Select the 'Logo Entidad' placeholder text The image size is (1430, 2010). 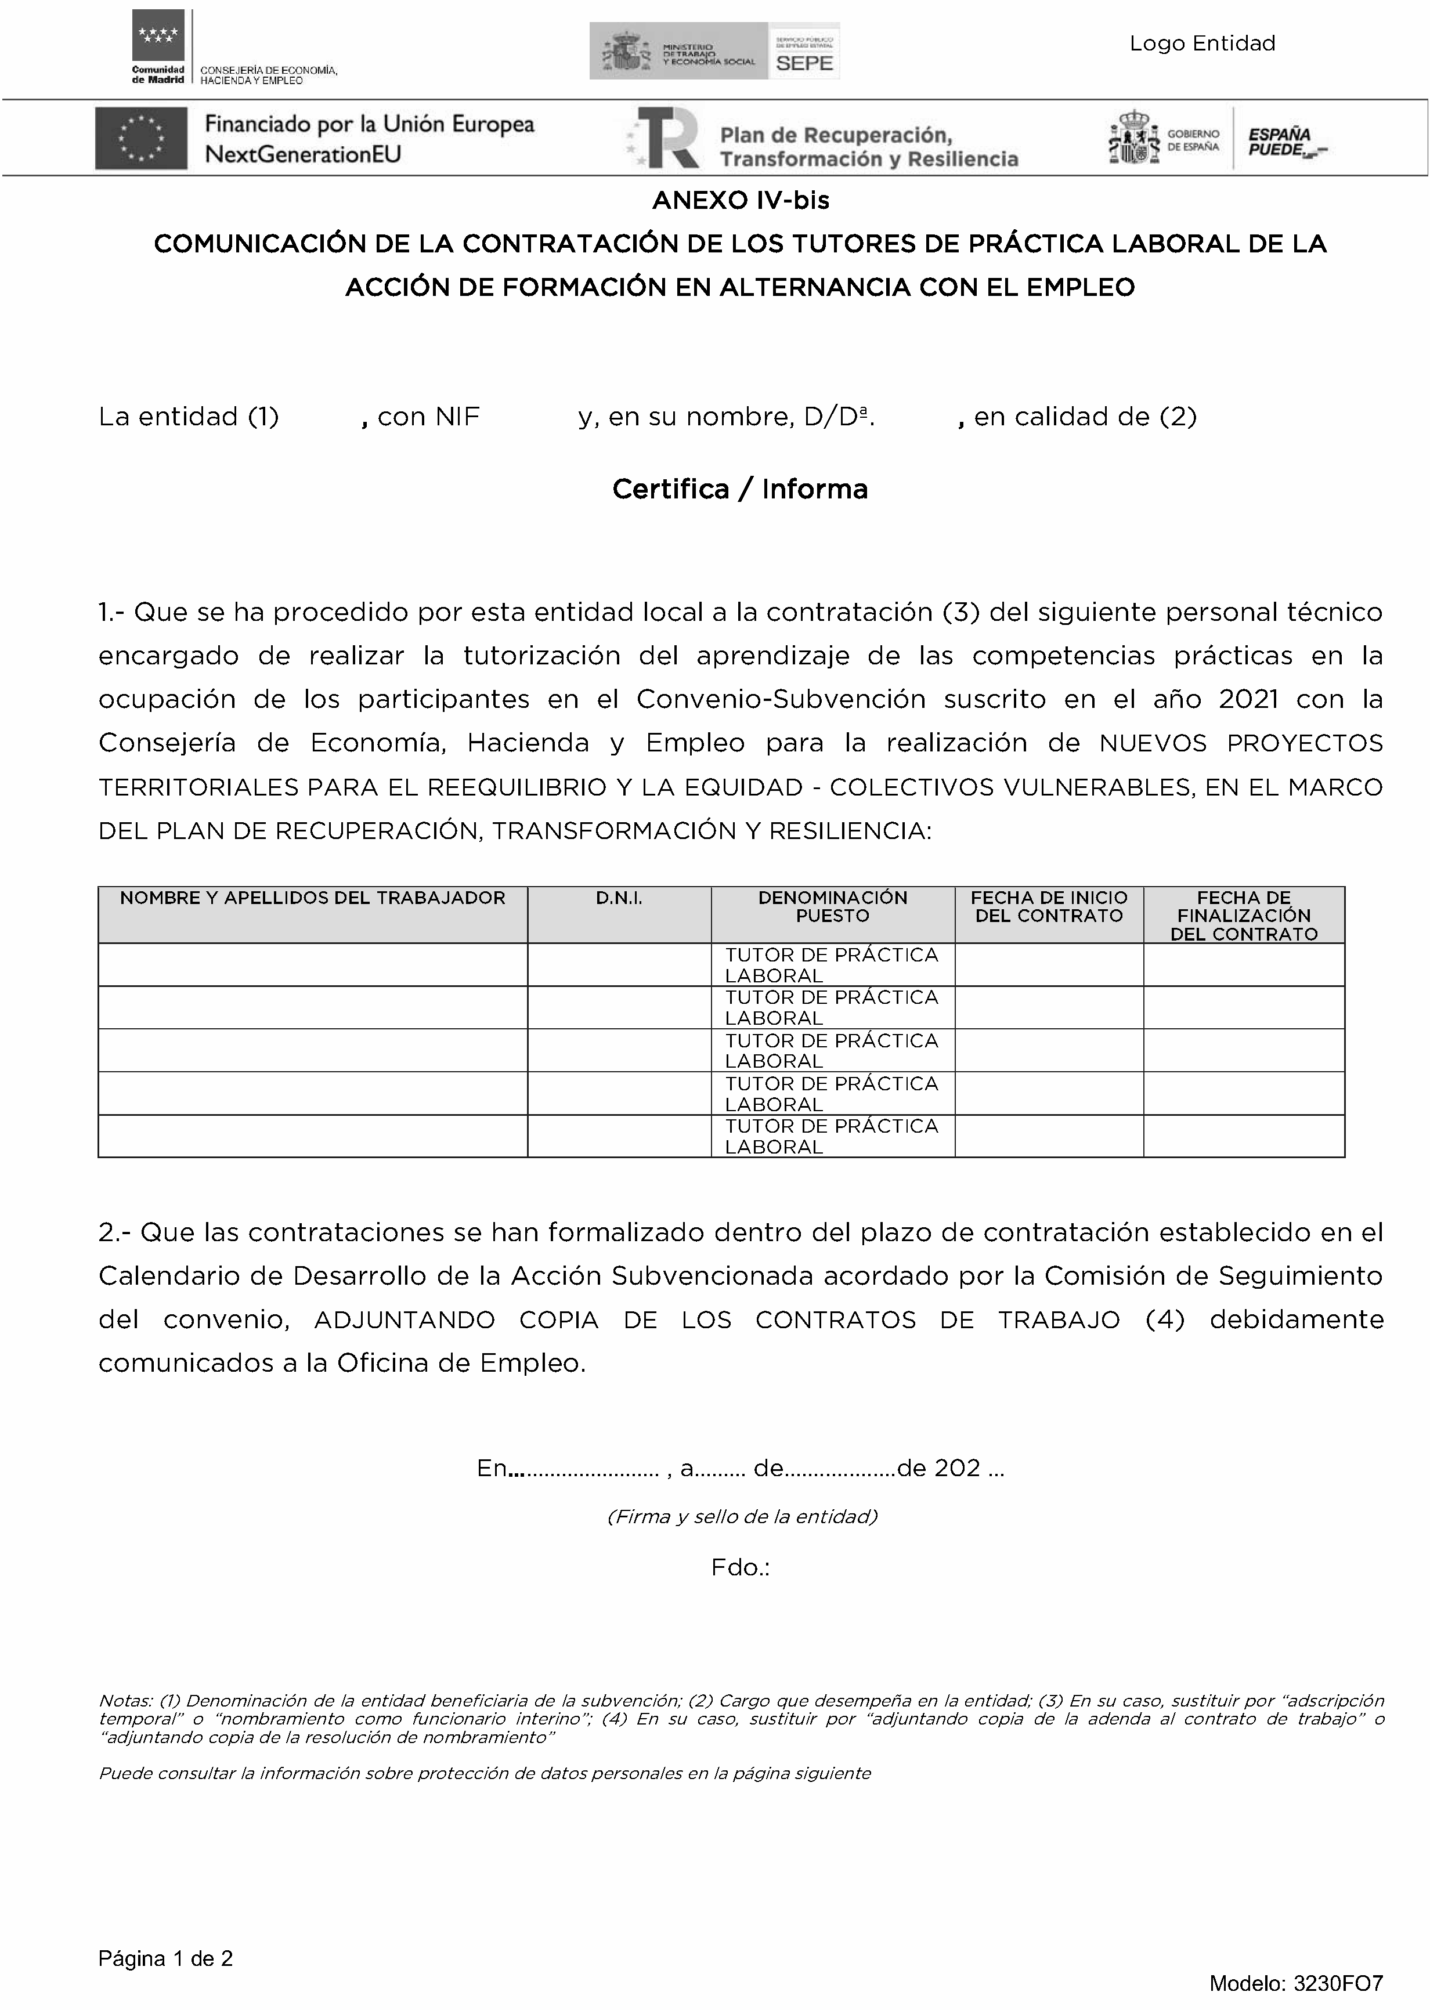[x=1202, y=43]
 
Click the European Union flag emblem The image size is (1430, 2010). [x=141, y=138]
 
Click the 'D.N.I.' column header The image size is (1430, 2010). [x=619, y=898]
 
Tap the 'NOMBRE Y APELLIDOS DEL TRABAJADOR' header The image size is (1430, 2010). [x=313, y=898]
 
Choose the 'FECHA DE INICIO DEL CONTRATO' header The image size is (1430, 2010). [x=1049, y=907]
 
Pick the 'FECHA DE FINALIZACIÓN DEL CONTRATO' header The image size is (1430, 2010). [x=1243, y=916]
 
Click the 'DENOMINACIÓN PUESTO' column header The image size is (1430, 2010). [x=832, y=907]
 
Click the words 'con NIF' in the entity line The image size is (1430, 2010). [x=428, y=417]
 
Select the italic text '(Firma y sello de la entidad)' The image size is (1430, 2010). [x=742, y=1516]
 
